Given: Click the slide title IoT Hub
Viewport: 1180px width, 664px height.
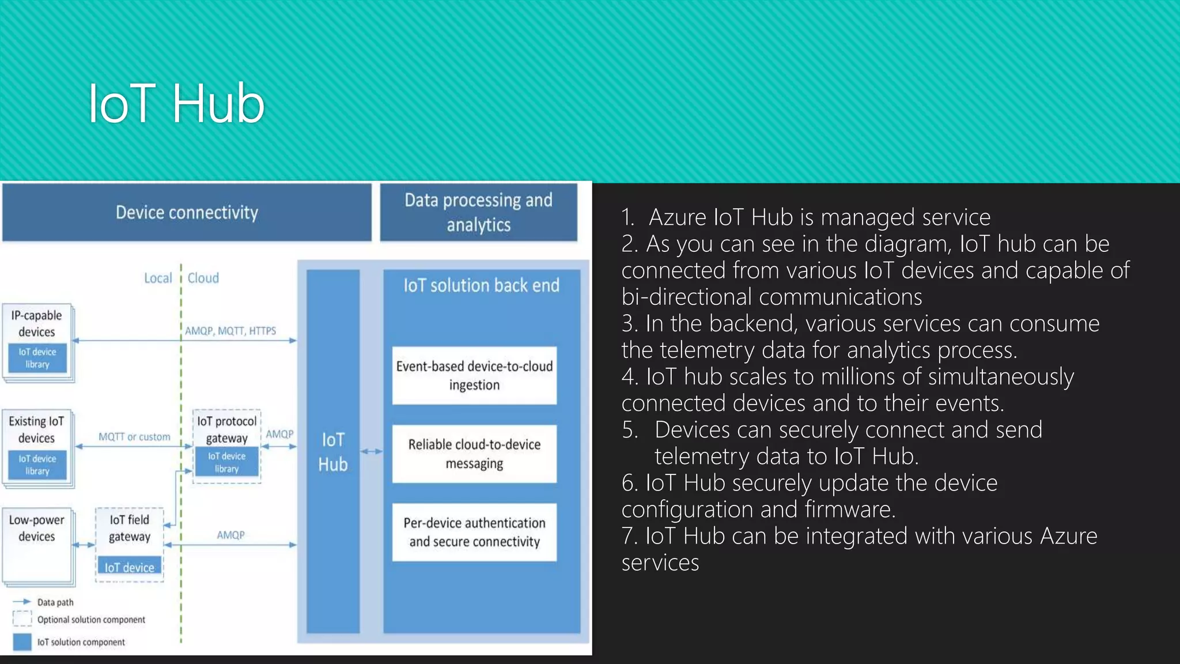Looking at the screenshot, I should [x=176, y=104].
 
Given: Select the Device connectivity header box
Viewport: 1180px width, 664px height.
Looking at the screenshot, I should [x=187, y=212].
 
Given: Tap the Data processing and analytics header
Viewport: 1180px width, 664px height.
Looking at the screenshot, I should [x=478, y=212].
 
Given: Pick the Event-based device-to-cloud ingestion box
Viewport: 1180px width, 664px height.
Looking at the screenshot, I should [x=474, y=375].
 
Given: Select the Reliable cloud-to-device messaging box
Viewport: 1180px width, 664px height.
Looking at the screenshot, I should [x=474, y=454].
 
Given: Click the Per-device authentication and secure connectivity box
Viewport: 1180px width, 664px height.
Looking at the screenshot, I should [x=474, y=532].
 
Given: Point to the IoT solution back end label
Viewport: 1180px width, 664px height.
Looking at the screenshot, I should [x=481, y=285].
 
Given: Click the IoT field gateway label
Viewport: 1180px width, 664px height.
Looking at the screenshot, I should [x=130, y=528].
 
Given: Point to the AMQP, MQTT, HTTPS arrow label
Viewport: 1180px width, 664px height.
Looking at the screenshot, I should [x=230, y=331].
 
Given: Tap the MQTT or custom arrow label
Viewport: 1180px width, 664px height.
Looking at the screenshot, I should [x=134, y=437].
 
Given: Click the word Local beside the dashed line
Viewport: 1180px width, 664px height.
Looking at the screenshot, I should [x=158, y=278].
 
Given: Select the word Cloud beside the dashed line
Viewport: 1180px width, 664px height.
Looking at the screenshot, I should [x=203, y=278].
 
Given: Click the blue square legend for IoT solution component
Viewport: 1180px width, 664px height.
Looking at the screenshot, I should [x=22, y=642].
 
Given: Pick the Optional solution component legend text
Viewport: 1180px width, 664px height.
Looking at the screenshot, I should [x=91, y=620].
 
